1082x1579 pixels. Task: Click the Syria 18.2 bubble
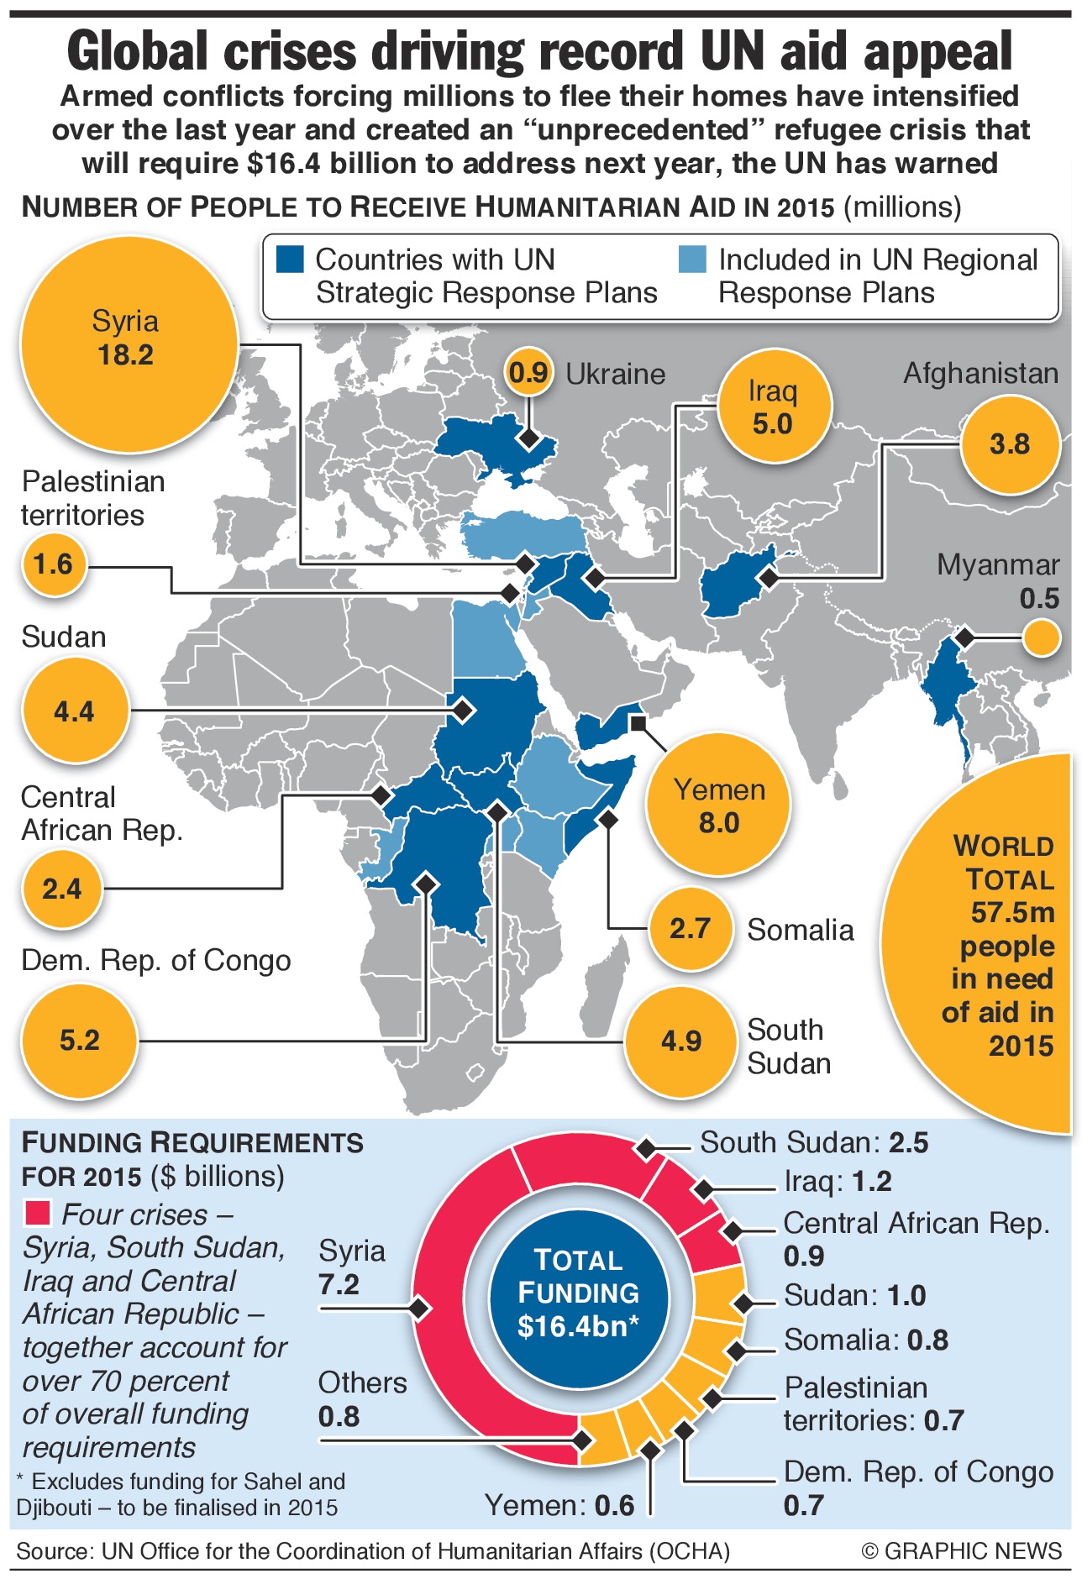pos(128,344)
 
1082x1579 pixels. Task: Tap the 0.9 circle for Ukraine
pos(528,372)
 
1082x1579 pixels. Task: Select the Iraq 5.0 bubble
pos(773,407)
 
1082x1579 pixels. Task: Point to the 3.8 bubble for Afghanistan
pos(1009,443)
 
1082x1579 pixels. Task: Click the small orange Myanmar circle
pos(1042,638)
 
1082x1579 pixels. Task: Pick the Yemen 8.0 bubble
pos(719,805)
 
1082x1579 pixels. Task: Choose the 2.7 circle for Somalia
pos(690,928)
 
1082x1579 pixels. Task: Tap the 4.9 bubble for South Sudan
pos(680,1041)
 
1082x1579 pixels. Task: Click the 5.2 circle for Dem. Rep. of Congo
pos(79,1041)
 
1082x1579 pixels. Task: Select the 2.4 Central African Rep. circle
pos(62,889)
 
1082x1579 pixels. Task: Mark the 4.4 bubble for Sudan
pos(75,711)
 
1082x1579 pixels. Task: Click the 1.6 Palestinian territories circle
pos(54,564)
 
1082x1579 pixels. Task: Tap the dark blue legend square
pos(290,260)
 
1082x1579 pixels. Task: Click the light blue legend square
pos(692,260)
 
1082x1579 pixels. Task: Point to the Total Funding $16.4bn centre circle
pos(578,1293)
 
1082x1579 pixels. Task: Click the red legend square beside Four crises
pos(37,1214)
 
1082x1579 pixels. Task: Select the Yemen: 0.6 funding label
pos(560,1505)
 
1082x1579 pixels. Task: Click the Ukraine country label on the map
pos(615,374)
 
